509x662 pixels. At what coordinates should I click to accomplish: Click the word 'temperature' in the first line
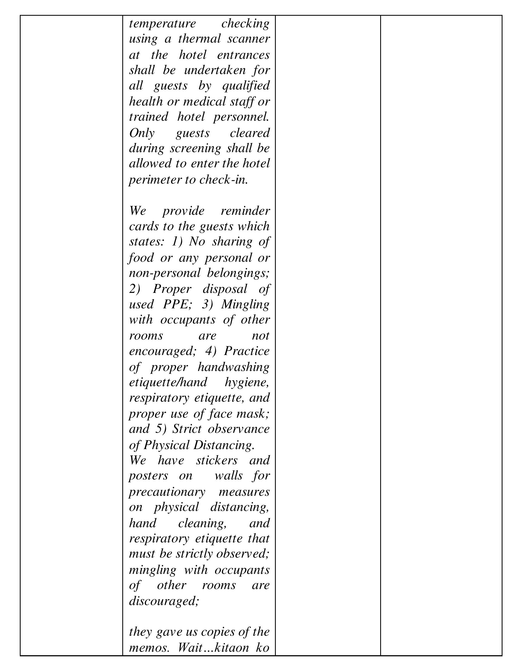pyautogui.click(x=162, y=24)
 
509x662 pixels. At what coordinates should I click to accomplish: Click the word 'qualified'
pyautogui.click(x=246, y=86)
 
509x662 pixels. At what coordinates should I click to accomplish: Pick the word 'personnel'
pyautogui.click(x=241, y=117)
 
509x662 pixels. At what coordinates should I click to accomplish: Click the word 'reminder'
pyautogui.click(x=245, y=211)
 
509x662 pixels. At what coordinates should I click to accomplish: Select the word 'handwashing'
pyautogui.click(x=233, y=367)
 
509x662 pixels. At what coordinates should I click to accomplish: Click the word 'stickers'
pyautogui.click(x=217, y=460)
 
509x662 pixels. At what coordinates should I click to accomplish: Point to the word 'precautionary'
pyautogui.click(x=167, y=491)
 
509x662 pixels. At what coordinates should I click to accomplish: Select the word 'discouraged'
pyautogui.click(x=164, y=601)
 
